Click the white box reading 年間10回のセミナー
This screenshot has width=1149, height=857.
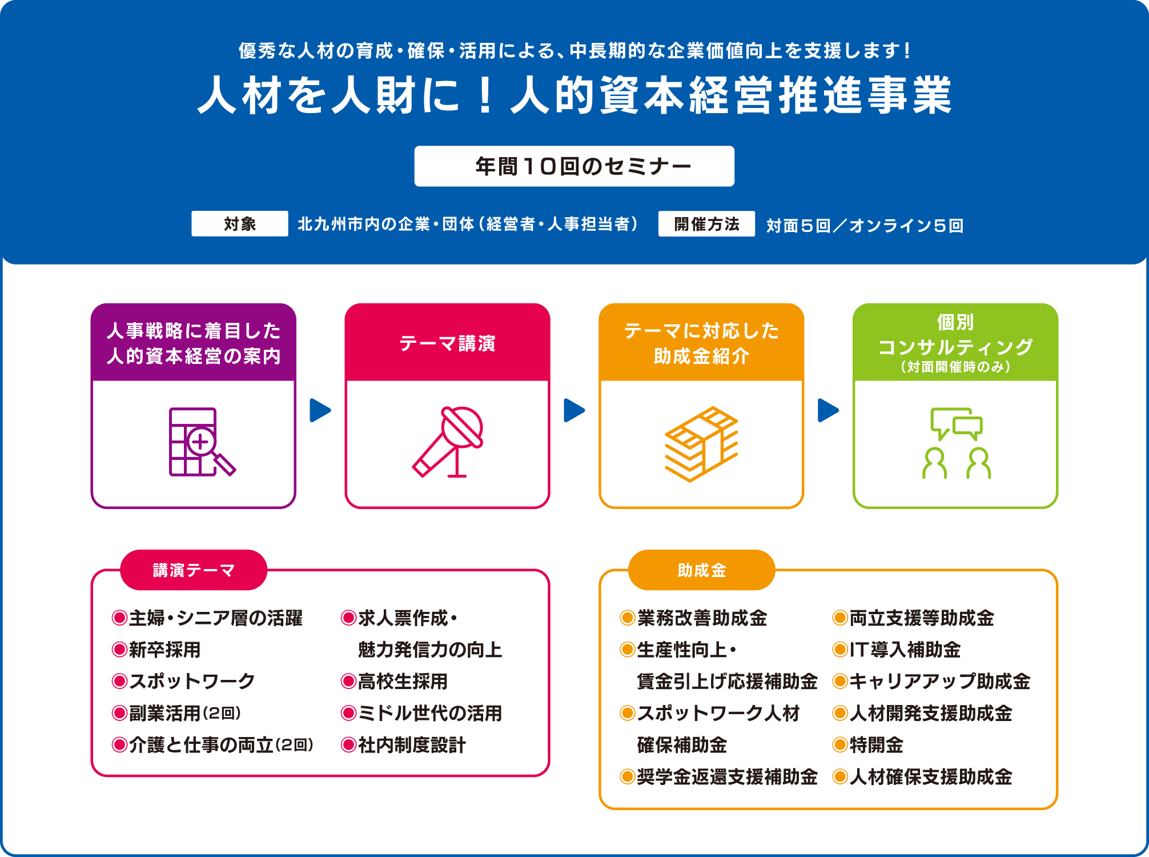pyautogui.click(x=574, y=166)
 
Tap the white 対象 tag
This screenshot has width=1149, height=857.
pyautogui.click(x=240, y=223)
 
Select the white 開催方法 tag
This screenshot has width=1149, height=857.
pyautogui.click(x=706, y=223)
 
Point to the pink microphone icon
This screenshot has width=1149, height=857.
pyautogui.click(x=448, y=442)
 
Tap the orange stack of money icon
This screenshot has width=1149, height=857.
pyautogui.click(x=701, y=444)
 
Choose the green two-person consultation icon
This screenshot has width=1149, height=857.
pyautogui.click(x=957, y=443)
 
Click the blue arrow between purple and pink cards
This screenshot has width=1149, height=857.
pyautogui.click(x=320, y=410)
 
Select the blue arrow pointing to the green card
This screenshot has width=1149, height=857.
pyautogui.click(x=829, y=410)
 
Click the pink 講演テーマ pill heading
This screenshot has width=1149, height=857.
pyautogui.click(x=194, y=570)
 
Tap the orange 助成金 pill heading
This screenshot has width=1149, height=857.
pyautogui.click(x=702, y=570)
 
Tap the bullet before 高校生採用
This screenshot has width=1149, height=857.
pyautogui.click(x=348, y=681)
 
